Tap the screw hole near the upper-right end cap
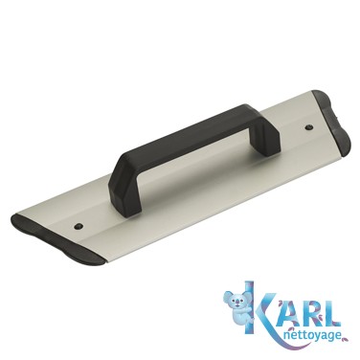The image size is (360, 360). (308, 127)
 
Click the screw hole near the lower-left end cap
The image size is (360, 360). (78, 226)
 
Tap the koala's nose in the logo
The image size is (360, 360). (237, 303)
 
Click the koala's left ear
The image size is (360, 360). (229, 295)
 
